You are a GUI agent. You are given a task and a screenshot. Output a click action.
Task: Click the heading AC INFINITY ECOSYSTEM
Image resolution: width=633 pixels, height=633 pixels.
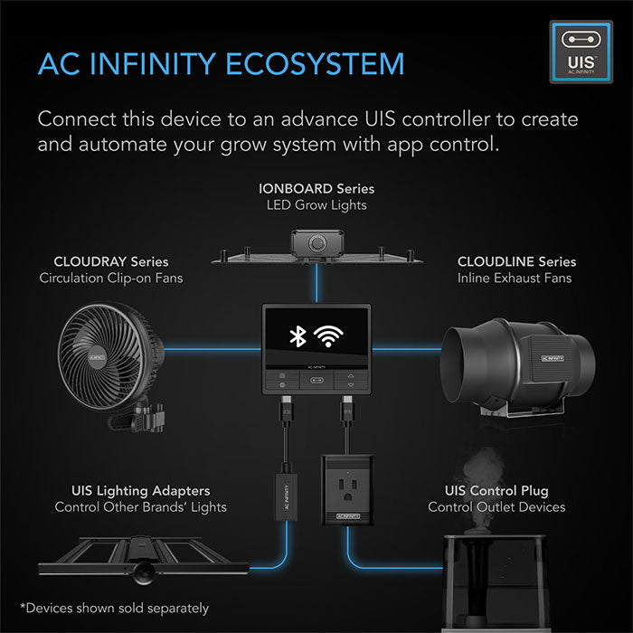(221, 64)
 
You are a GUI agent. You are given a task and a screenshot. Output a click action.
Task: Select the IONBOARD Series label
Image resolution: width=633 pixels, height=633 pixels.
(316, 188)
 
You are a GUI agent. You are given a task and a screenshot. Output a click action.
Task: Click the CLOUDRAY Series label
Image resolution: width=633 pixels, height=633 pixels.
(111, 261)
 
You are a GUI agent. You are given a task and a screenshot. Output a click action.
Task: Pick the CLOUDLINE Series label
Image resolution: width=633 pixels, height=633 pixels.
(516, 261)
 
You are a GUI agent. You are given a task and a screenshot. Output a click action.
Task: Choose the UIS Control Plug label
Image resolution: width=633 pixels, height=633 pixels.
(496, 490)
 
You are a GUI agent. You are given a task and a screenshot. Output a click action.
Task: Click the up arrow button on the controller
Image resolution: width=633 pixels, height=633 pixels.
(350, 374)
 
